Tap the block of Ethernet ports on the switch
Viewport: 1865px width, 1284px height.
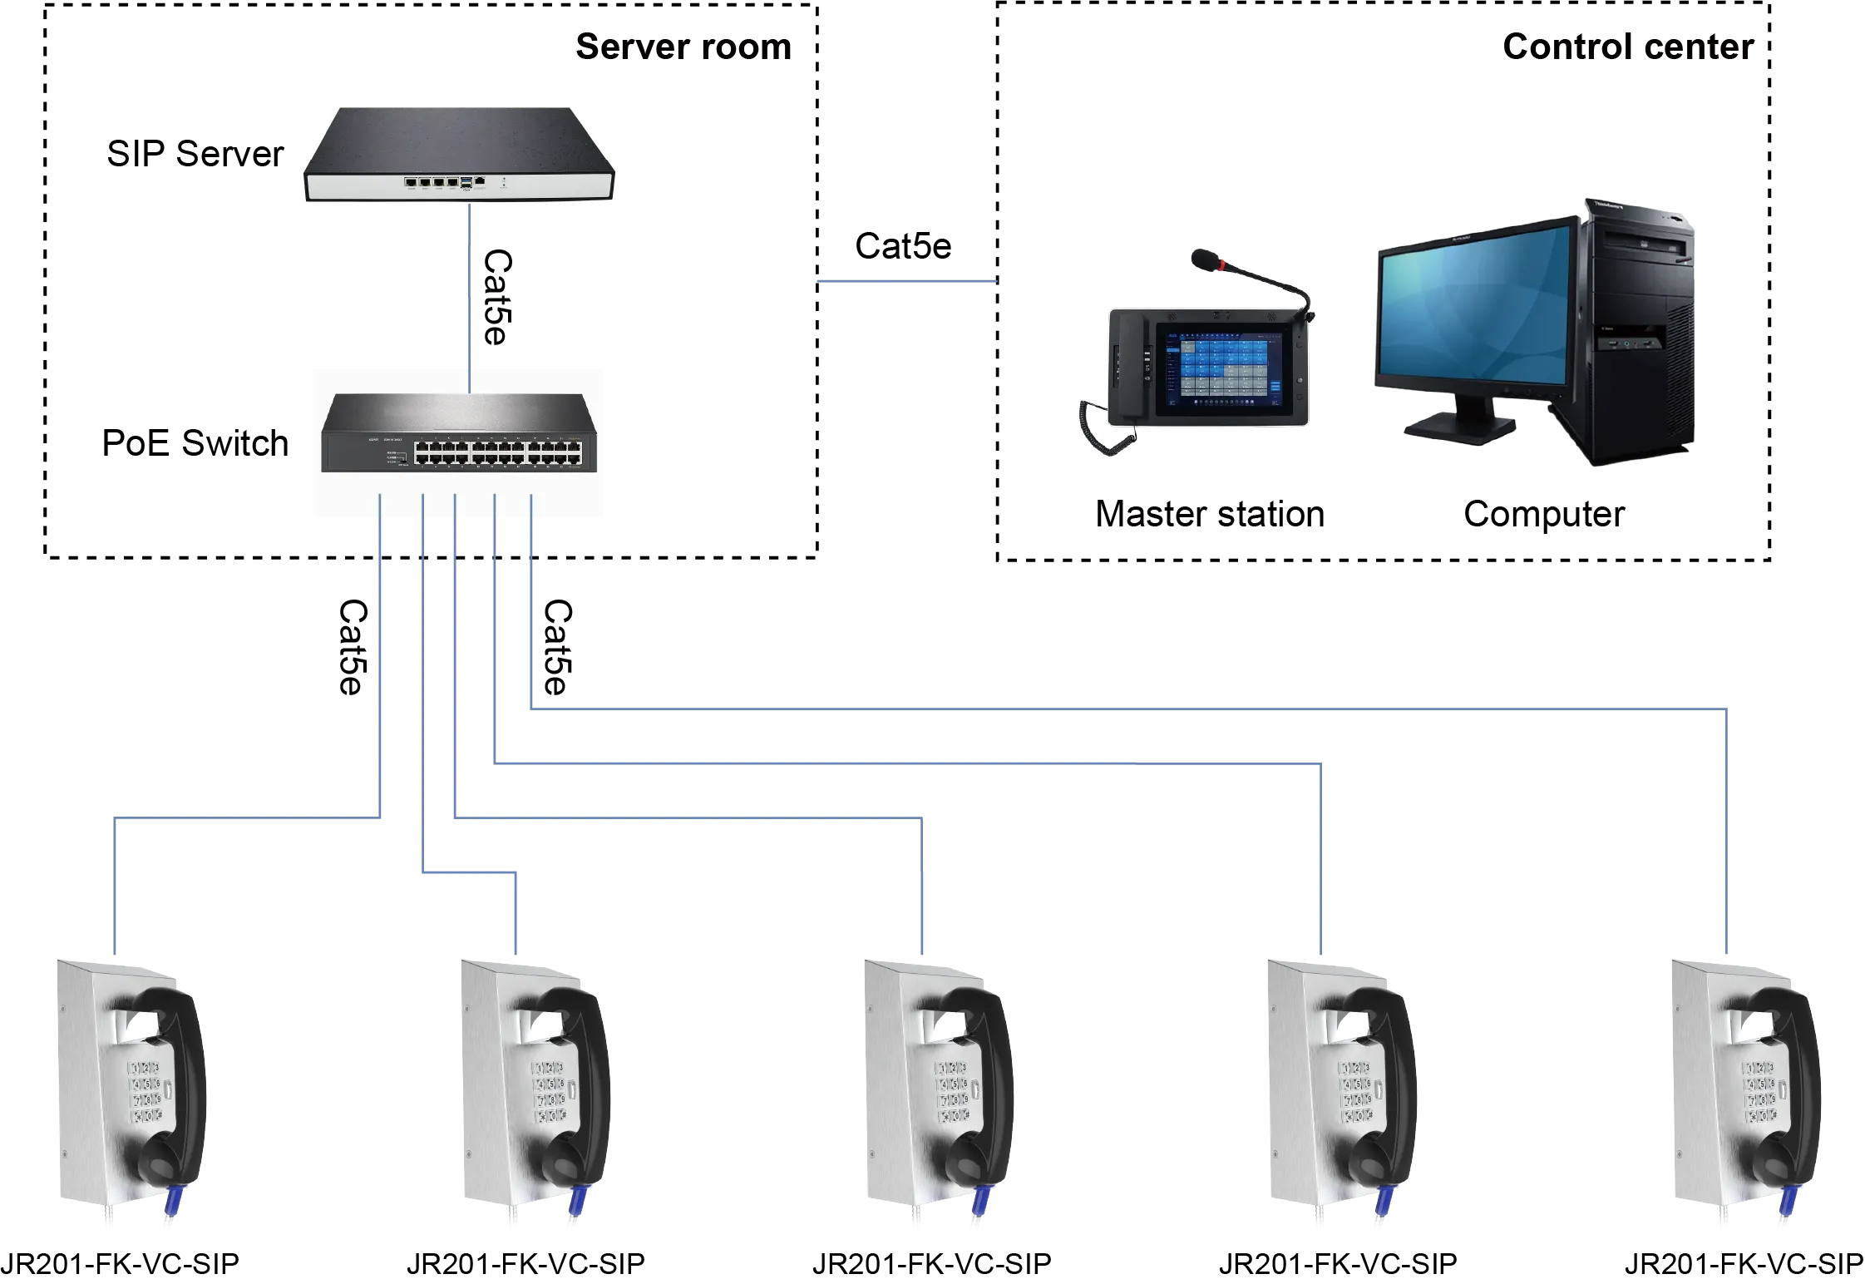(x=497, y=452)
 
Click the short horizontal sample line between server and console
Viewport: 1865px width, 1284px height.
(x=905, y=283)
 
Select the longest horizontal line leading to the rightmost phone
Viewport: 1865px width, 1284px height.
(x=1122, y=708)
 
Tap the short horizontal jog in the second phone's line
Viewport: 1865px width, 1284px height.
(x=470, y=872)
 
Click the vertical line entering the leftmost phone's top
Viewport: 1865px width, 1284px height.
(x=116, y=890)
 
